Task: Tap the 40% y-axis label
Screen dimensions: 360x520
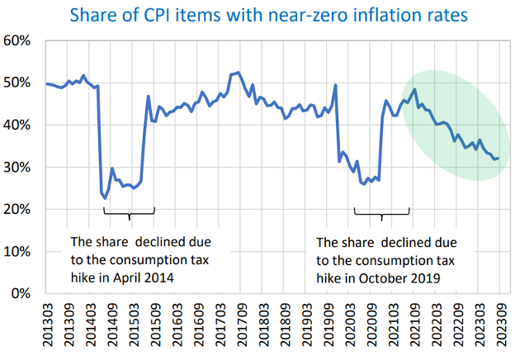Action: point(18,126)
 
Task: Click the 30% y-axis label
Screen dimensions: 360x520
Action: point(18,168)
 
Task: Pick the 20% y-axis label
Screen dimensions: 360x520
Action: point(18,210)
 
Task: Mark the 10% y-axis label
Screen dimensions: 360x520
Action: point(18,252)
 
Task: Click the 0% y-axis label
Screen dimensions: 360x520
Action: point(21,294)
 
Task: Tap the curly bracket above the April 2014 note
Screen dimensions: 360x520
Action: point(130,214)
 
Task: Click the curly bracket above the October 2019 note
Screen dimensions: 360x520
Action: point(381,216)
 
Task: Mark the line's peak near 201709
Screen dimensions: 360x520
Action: point(239,73)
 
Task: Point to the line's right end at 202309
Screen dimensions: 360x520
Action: point(499,158)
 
